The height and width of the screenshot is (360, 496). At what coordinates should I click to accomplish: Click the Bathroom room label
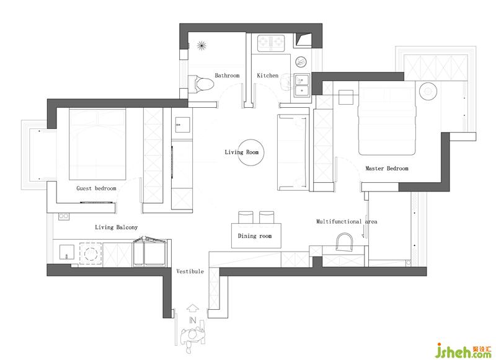point(227,75)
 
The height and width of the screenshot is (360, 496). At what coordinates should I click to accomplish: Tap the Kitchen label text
point(268,75)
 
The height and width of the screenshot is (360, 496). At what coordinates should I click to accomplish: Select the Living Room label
point(242,152)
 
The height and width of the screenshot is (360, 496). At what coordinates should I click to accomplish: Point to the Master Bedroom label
point(387,169)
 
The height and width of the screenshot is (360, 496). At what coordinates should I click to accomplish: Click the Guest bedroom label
point(96,188)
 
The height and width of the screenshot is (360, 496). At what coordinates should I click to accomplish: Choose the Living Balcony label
point(116,227)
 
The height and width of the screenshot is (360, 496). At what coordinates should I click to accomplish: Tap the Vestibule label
point(190,271)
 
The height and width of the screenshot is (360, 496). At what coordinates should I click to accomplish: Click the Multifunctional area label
point(347,222)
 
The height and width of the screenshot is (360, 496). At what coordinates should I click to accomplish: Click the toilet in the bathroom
point(201,84)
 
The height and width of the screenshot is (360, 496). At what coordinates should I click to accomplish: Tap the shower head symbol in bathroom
point(201,46)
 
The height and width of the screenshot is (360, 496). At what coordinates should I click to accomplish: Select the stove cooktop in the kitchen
point(271,43)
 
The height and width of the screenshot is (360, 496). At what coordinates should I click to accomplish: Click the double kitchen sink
point(302,86)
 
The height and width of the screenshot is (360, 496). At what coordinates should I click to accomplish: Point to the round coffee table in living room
point(250,152)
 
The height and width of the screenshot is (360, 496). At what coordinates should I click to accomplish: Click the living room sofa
point(293,152)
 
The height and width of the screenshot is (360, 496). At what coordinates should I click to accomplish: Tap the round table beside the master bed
point(428,91)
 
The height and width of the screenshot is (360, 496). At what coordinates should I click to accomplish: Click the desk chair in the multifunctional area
point(344,242)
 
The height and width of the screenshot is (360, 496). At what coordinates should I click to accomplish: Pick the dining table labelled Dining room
point(256,236)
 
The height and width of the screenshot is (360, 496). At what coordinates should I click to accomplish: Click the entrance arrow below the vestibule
point(192,308)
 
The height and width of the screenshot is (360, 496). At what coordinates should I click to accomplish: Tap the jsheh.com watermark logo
point(463,351)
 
